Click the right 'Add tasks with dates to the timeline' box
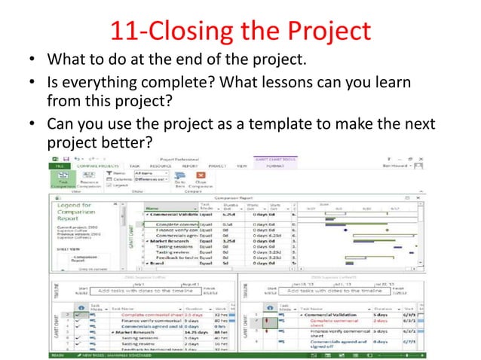pyautogui.click(x=351, y=291)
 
